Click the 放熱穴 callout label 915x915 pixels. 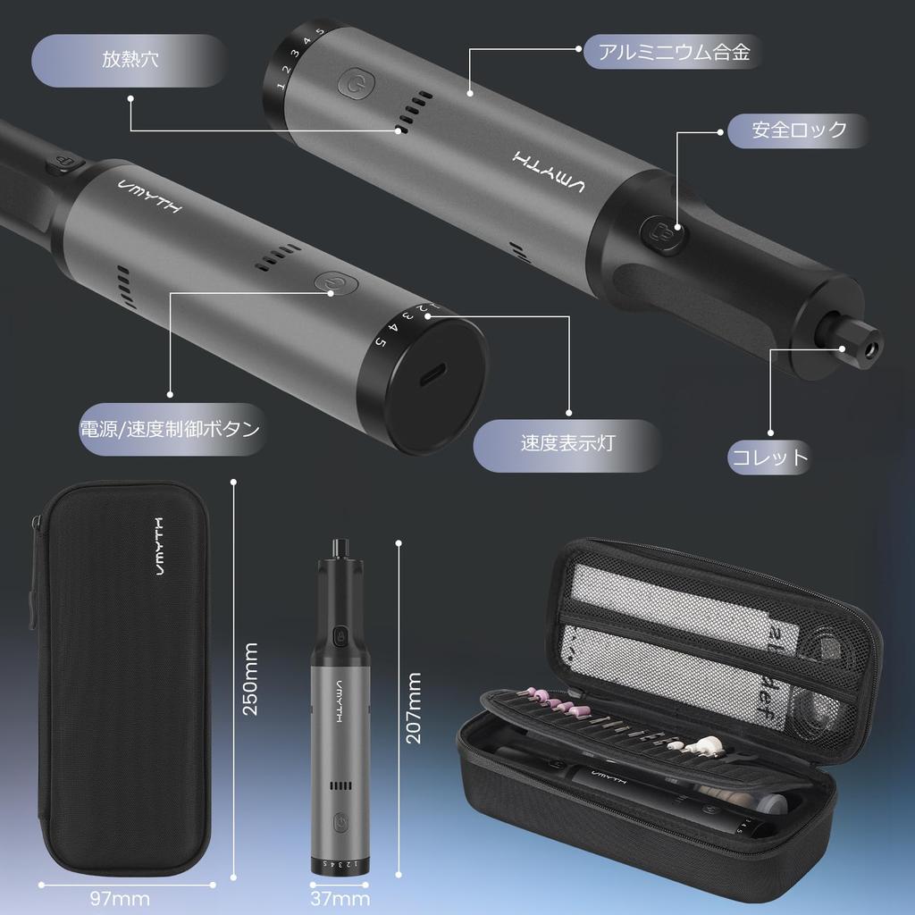(127, 61)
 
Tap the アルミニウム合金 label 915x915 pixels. (667, 53)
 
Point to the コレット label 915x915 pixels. (769, 458)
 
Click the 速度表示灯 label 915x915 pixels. (567, 444)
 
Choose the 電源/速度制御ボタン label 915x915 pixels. (170, 429)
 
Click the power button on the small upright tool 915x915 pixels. (340, 821)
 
